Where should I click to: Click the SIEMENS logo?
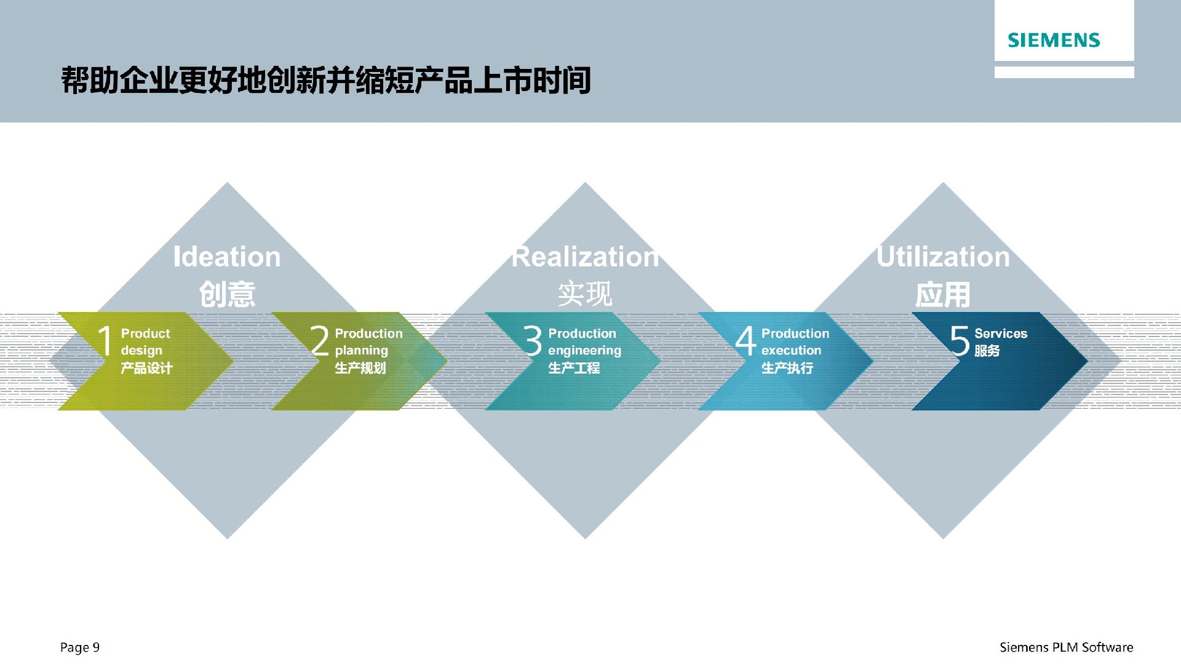(x=1054, y=41)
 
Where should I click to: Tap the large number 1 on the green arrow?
(x=105, y=340)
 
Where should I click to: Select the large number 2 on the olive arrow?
(x=319, y=340)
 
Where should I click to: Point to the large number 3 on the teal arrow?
(x=533, y=340)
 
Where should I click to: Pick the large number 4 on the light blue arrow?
(x=746, y=340)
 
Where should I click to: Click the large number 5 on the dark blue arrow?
(x=960, y=340)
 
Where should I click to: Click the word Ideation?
(x=227, y=257)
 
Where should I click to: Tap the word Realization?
(x=585, y=257)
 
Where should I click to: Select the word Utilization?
(x=943, y=257)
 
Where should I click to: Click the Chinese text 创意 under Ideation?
(x=227, y=294)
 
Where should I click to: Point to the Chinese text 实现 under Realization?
(x=585, y=294)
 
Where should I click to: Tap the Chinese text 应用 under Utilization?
(x=943, y=294)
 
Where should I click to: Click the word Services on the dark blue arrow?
(x=1001, y=334)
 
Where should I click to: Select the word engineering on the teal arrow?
(x=584, y=351)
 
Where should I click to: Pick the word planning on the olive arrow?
(x=361, y=351)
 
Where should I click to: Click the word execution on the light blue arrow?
(x=791, y=350)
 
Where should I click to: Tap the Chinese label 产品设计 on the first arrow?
(x=146, y=368)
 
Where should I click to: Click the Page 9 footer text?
(x=80, y=647)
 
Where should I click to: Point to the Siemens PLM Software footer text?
(x=1066, y=647)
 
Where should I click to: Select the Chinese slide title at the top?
(x=326, y=81)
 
